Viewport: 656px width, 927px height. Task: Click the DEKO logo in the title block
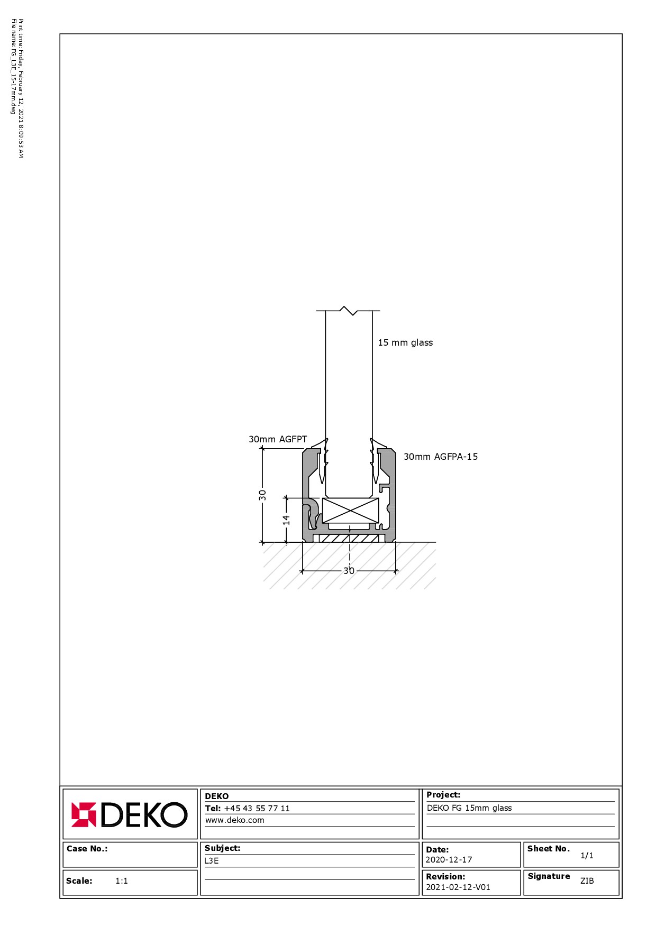pyautogui.click(x=129, y=814)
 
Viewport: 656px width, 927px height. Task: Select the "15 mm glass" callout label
pyautogui.click(x=405, y=342)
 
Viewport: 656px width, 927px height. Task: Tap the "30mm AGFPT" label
pyautogui.click(x=278, y=439)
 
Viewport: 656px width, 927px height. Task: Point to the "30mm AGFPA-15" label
pyautogui.click(x=441, y=457)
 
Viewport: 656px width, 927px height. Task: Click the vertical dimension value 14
pyautogui.click(x=286, y=520)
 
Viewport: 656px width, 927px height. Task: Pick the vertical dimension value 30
pyautogui.click(x=262, y=495)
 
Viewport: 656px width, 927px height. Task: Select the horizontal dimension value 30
pyautogui.click(x=349, y=571)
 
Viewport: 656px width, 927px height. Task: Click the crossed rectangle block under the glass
pyautogui.click(x=351, y=511)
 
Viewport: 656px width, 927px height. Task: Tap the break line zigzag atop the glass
pyautogui.click(x=348, y=311)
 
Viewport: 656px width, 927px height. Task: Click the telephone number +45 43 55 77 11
pyautogui.click(x=257, y=808)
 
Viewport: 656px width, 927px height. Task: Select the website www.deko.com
pyautogui.click(x=234, y=820)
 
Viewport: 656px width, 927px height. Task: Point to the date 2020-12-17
pyautogui.click(x=449, y=860)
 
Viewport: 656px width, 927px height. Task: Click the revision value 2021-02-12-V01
pyautogui.click(x=458, y=887)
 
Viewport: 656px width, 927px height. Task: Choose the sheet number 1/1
pyautogui.click(x=587, y=855)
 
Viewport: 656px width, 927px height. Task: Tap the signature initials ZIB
pyautogui.click(x=587, y=881)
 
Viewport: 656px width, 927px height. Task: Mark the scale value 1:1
pyautogui.click(x=122, y=881)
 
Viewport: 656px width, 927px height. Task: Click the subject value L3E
pyautogui.click(x=212, y=861)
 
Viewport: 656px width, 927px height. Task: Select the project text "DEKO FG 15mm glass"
pyautogui.click(x=469, y=808)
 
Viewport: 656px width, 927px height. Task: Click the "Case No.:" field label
pyautogui.click(x=87, y=849)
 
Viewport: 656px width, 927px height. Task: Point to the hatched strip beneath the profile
pyautogui.click(x=349, y=538)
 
